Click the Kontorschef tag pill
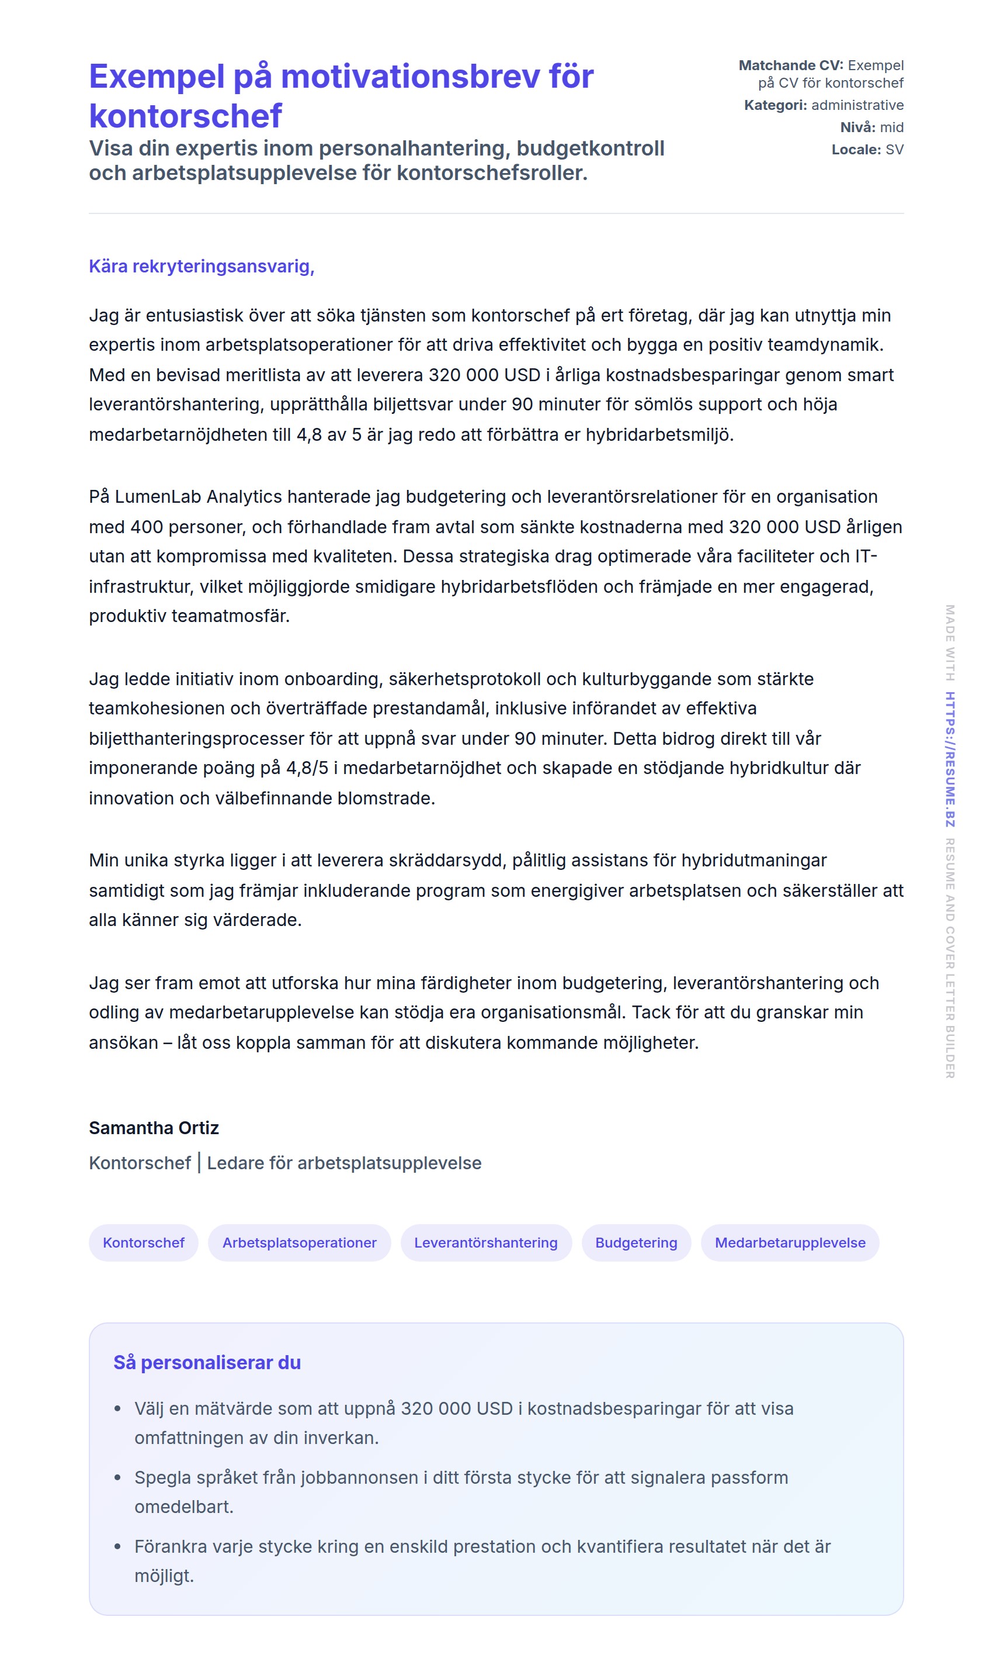pyautogui.click(x=143, y=1243)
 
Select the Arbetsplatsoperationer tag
pyautogui.click(x=299, y=1243)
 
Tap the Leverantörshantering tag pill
pyautogui.click(x=486, y=1243)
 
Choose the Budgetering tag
pyautogui.click(x=636, y=1243)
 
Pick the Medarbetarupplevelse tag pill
pyautogui.click(x=790, y=1243)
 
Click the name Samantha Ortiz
pyautogui.click(x=154, y=1128)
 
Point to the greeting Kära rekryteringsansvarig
pyautogui.click(x=202, y=267)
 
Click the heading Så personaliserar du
pyautogui.click(x=207, y=1363)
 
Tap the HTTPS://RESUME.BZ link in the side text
pyautogui.click(x=950, y=759)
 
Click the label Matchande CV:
pyautogui.click(x=791, y=65)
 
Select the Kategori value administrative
pyautogui.click(x=857, y=105)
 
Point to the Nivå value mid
pyautogui.click(x=891, y=127)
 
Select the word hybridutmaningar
pyautogui.click(x=754, y=861)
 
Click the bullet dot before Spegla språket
pyautogui.click(x=118, y=1478)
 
